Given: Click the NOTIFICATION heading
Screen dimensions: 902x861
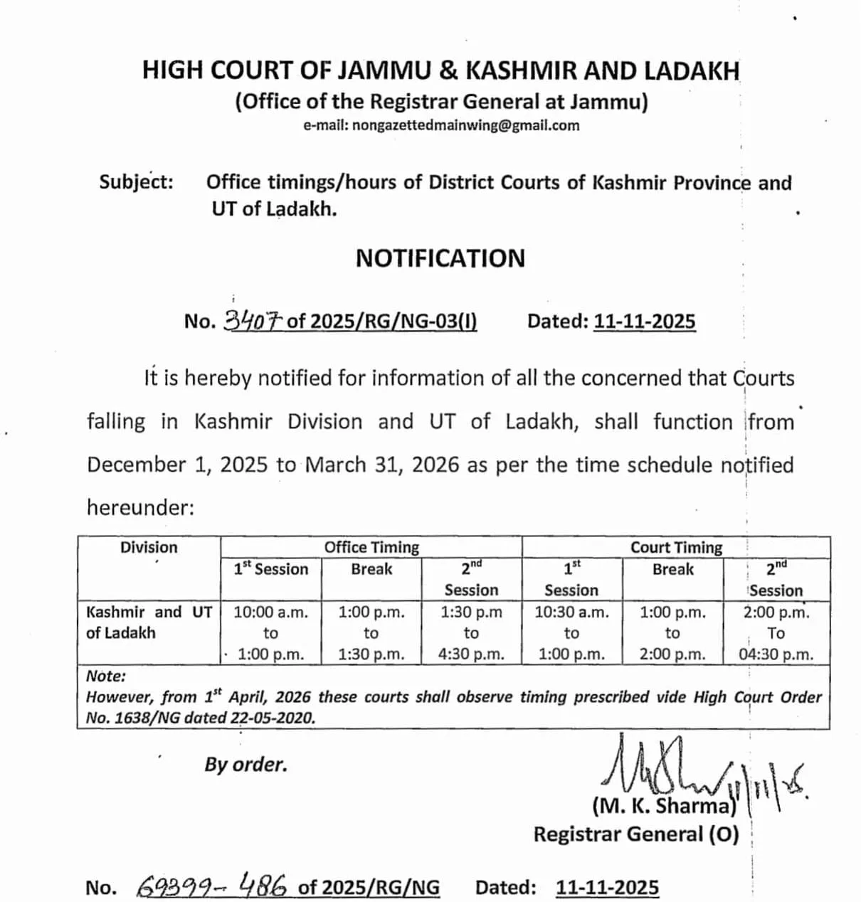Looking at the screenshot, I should point(440,258).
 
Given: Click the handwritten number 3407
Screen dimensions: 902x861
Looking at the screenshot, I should point(253,321).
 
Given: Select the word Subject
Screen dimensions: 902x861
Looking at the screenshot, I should point(135,182).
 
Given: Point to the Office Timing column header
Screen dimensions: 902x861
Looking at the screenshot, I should point(371,547).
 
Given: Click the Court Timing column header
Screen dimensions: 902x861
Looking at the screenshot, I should point(676,547).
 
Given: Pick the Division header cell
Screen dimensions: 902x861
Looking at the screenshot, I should point(148,547).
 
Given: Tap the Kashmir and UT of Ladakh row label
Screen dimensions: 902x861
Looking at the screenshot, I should point(148,622).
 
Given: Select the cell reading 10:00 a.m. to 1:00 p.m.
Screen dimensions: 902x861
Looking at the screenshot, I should point(270,633).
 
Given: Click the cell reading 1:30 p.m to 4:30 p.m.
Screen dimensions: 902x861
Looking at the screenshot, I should point(471,633).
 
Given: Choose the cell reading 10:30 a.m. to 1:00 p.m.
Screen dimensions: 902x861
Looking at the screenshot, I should point(571,633).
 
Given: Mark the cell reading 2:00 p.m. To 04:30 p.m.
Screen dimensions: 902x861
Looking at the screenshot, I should point(776,633).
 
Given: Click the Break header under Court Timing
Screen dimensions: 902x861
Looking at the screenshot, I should point(672,569).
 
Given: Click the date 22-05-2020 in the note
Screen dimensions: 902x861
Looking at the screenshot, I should point(271,718).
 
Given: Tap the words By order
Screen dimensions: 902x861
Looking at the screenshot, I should point(245,765).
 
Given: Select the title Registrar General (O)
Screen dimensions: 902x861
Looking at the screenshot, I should point(636,834).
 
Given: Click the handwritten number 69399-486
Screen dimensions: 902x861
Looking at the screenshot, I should point(212,886).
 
